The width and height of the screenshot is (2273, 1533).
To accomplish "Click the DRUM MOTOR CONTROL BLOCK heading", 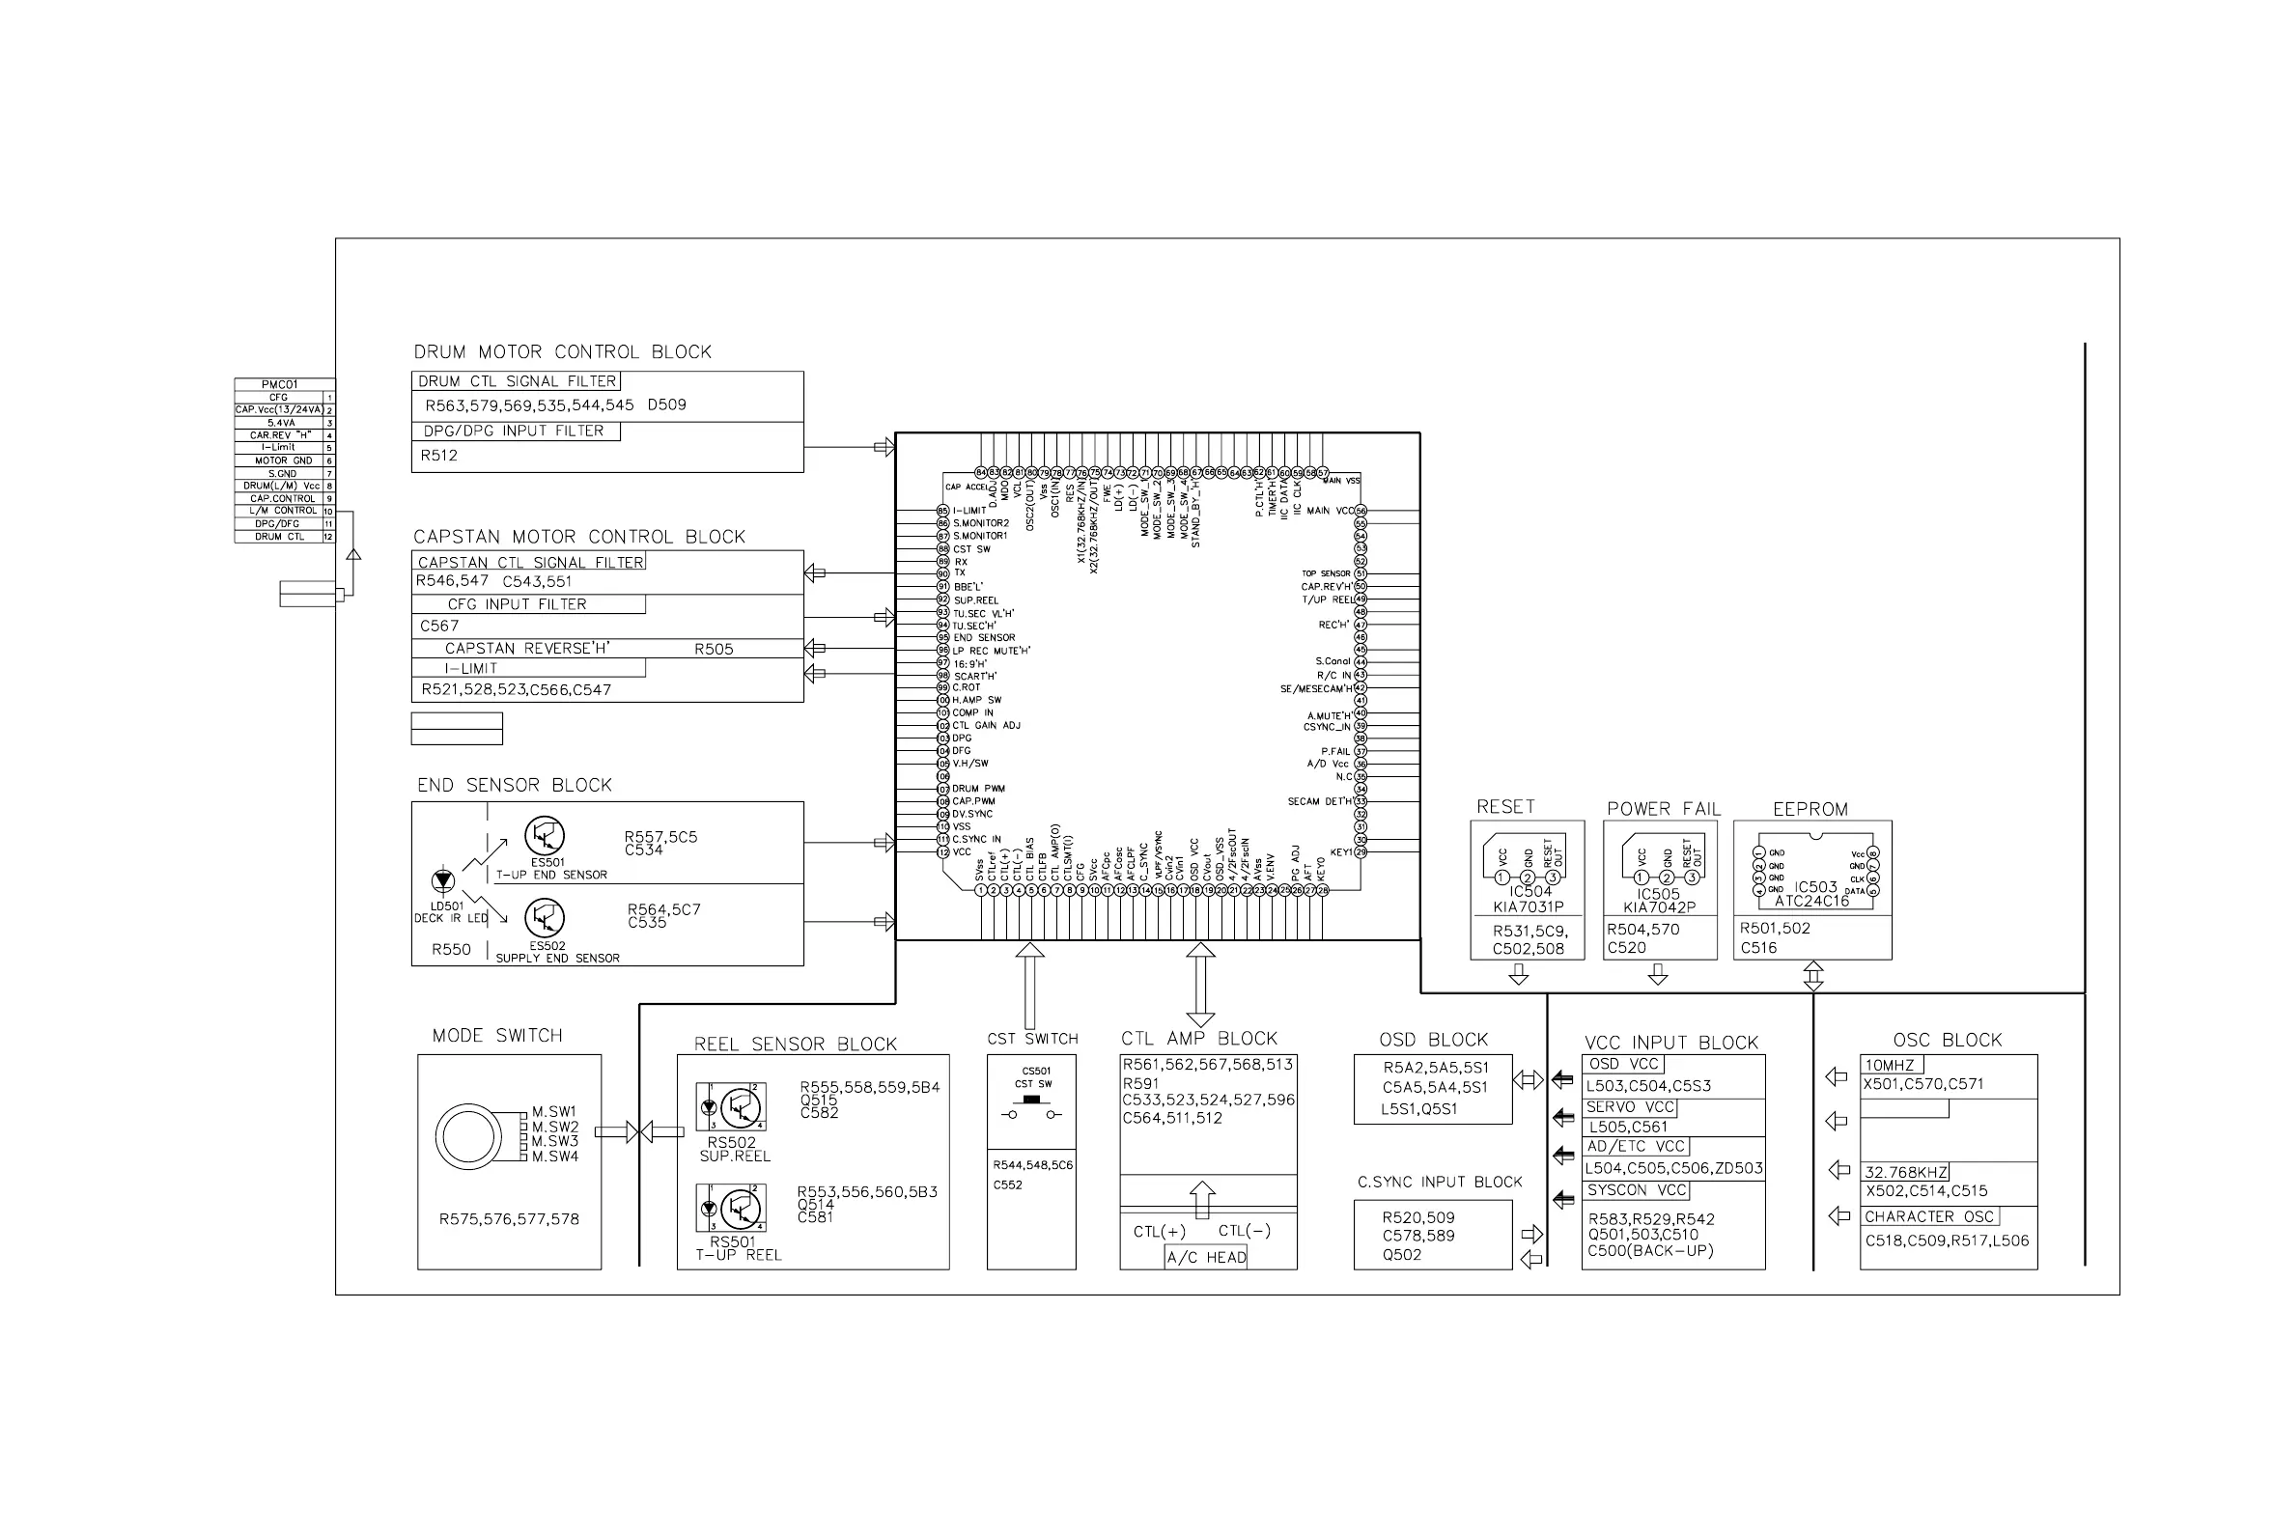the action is (x=562, y=352).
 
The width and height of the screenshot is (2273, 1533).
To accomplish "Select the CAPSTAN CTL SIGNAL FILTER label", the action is (x=530, y=562).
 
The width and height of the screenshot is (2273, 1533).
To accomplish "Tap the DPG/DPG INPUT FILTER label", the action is (x=514, y=432).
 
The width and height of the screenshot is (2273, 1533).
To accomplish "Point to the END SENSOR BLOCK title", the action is (x=515, y=785).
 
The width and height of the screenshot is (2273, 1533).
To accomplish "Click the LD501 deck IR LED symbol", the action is (x=443, y=880).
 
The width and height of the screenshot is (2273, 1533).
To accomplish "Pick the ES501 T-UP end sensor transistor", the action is (x=545, y=836).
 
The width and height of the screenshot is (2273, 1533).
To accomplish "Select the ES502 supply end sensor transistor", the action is (x=545, y=918).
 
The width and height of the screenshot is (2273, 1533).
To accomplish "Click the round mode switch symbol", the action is (x=468, y=1137).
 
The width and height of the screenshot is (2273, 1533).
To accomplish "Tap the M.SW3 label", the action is (x=555, y=1141).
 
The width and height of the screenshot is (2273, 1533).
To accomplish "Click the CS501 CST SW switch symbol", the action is (x=1031, y=1102).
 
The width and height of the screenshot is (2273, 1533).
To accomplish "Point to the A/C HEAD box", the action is (x=1206, y=1257).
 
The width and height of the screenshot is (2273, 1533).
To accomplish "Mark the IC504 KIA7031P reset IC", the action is (x=1528, y=865).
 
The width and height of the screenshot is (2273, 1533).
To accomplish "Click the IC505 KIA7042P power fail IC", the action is (x=1660, y=865).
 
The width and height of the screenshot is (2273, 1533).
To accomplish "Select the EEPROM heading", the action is (x=1810, y=810).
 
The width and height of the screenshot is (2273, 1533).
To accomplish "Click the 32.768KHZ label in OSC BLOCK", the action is (x=1905, y=1172).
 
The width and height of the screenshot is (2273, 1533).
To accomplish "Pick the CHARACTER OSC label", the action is (x=1929, y=1216).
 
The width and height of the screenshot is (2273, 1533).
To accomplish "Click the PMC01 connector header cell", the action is (x=280, y=384).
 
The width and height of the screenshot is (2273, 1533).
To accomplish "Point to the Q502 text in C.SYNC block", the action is (x=1402, y=1254).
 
